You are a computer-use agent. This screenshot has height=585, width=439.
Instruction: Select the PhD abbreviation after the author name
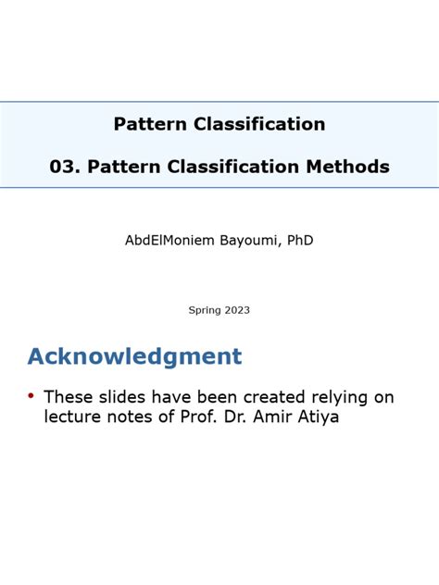pyautogui.click(x=300, y=240)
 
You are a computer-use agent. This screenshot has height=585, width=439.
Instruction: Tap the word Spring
pyautogui.click(x=205, y=310)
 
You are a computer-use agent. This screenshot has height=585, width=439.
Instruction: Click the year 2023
pyautogui.click(x=236, y=310)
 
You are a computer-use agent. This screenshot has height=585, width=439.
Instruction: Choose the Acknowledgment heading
pyautogui.click(x=134, y=356)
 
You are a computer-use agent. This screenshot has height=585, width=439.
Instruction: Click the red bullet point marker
pyautogui.click(x=31, y=396)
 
